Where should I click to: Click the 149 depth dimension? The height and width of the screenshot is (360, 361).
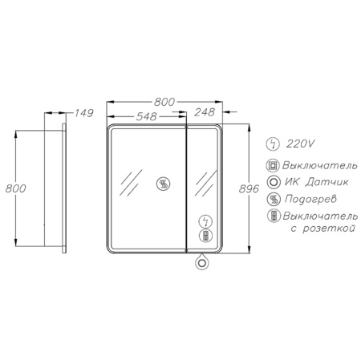[x=83, y=113]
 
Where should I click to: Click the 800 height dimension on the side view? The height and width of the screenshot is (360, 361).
[x=16, y=188]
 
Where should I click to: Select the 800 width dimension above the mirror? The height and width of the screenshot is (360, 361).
[x=164, y=102]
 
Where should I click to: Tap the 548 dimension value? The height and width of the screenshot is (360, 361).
[x=146, y=116]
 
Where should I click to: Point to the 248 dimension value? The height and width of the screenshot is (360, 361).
[x=205, y=112]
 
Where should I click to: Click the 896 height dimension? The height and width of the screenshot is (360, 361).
[x=249, y=189]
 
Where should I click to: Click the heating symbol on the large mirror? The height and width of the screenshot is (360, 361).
[x=163, y=184]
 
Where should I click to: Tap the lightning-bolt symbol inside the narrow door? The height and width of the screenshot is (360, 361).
[x=205, y=221]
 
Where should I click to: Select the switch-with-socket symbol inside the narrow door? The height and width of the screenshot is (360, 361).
[x=205, y=235]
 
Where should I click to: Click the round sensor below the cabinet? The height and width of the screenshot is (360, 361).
[x=202, y=262]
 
